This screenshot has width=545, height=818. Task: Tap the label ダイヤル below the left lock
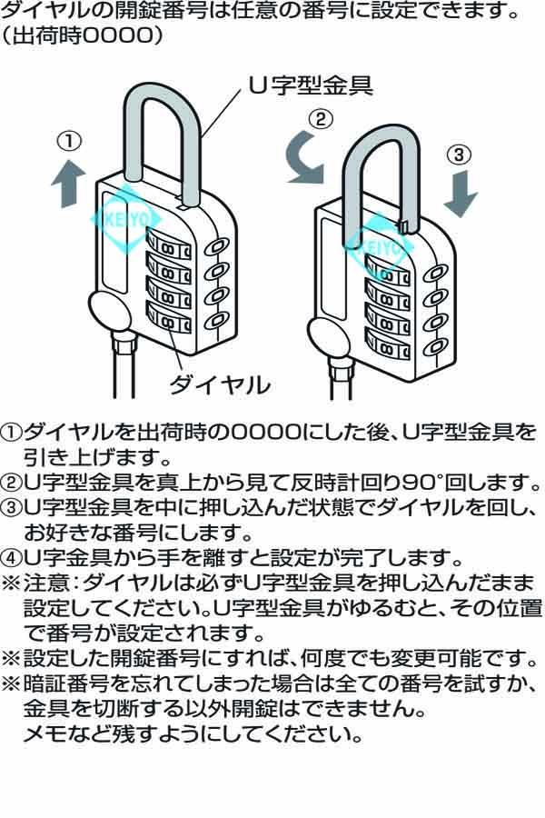pyautogui.click(x=220, y=384)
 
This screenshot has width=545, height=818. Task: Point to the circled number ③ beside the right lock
pyautogui.click(x=461, y=155)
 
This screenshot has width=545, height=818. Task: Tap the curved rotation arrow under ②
pyautogui.click(x=304, y=156)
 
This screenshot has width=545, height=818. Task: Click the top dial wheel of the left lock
pyautogui.click(x=168, y=245)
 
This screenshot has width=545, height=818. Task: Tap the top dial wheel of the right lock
pyautogui.click(x=387, y=270)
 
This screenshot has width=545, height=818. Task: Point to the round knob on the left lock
pyautogui.click(x=106, y=312)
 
